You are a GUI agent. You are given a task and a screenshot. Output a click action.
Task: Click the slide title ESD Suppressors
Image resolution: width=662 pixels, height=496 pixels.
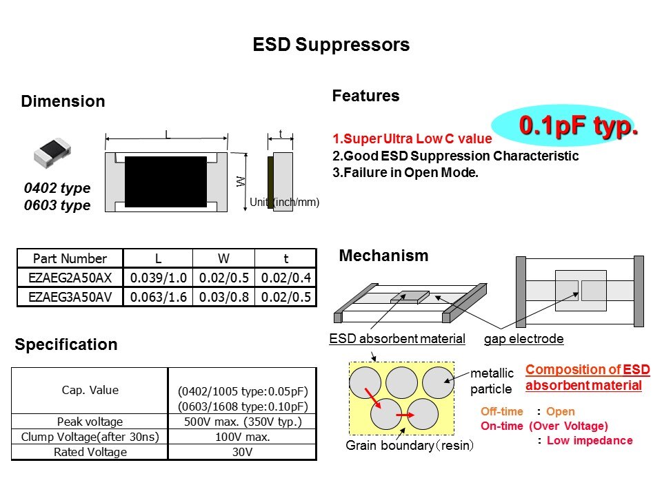pyautogui.click(x=331, y=45)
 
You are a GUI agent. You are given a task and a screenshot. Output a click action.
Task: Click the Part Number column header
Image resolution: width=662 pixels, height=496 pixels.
pyautogui.click(x=70, y=259)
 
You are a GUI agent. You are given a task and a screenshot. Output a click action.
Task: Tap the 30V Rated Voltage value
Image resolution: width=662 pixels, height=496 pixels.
pyautogui.click(x=242, y=452)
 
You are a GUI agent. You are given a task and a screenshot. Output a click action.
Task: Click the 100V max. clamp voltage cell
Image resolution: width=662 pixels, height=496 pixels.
pyautogui.click(x=242, y=437)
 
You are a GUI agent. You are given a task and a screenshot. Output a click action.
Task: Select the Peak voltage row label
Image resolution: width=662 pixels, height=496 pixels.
pyautogui.click(x=90, y=422)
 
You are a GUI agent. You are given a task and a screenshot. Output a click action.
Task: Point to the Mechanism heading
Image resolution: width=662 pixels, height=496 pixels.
pyautogui.click(x=383, y=256)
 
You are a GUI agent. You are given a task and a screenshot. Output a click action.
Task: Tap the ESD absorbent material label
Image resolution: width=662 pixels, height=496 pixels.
pyautogui.click(x=397, y=339)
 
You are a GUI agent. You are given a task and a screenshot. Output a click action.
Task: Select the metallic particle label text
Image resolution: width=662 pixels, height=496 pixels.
pyautogui.click(x=492, y=381)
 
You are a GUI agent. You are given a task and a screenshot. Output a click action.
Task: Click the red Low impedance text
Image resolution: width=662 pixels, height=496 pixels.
pyautogui.click(x=589, y=440)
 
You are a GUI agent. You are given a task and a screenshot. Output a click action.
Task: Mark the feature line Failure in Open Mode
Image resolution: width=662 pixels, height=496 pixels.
pyautogui.click(x=405, y=173)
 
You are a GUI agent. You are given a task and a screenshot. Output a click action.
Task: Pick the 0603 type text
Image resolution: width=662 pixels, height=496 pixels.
pyautogui.click(x=57, y=205)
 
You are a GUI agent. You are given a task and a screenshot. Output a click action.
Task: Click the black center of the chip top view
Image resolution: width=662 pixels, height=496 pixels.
pyautogui.click(x=165, y=181)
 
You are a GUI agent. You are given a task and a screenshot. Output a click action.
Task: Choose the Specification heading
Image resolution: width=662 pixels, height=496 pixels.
pyautogui.click(x=66, y=344)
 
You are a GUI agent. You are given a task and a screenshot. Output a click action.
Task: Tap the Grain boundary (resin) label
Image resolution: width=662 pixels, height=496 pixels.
pyautogui.click(x=410, y=446)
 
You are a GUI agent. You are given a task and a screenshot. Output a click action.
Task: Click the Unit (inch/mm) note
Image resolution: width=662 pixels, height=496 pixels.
pyautogui.click(x=284, y=203)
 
